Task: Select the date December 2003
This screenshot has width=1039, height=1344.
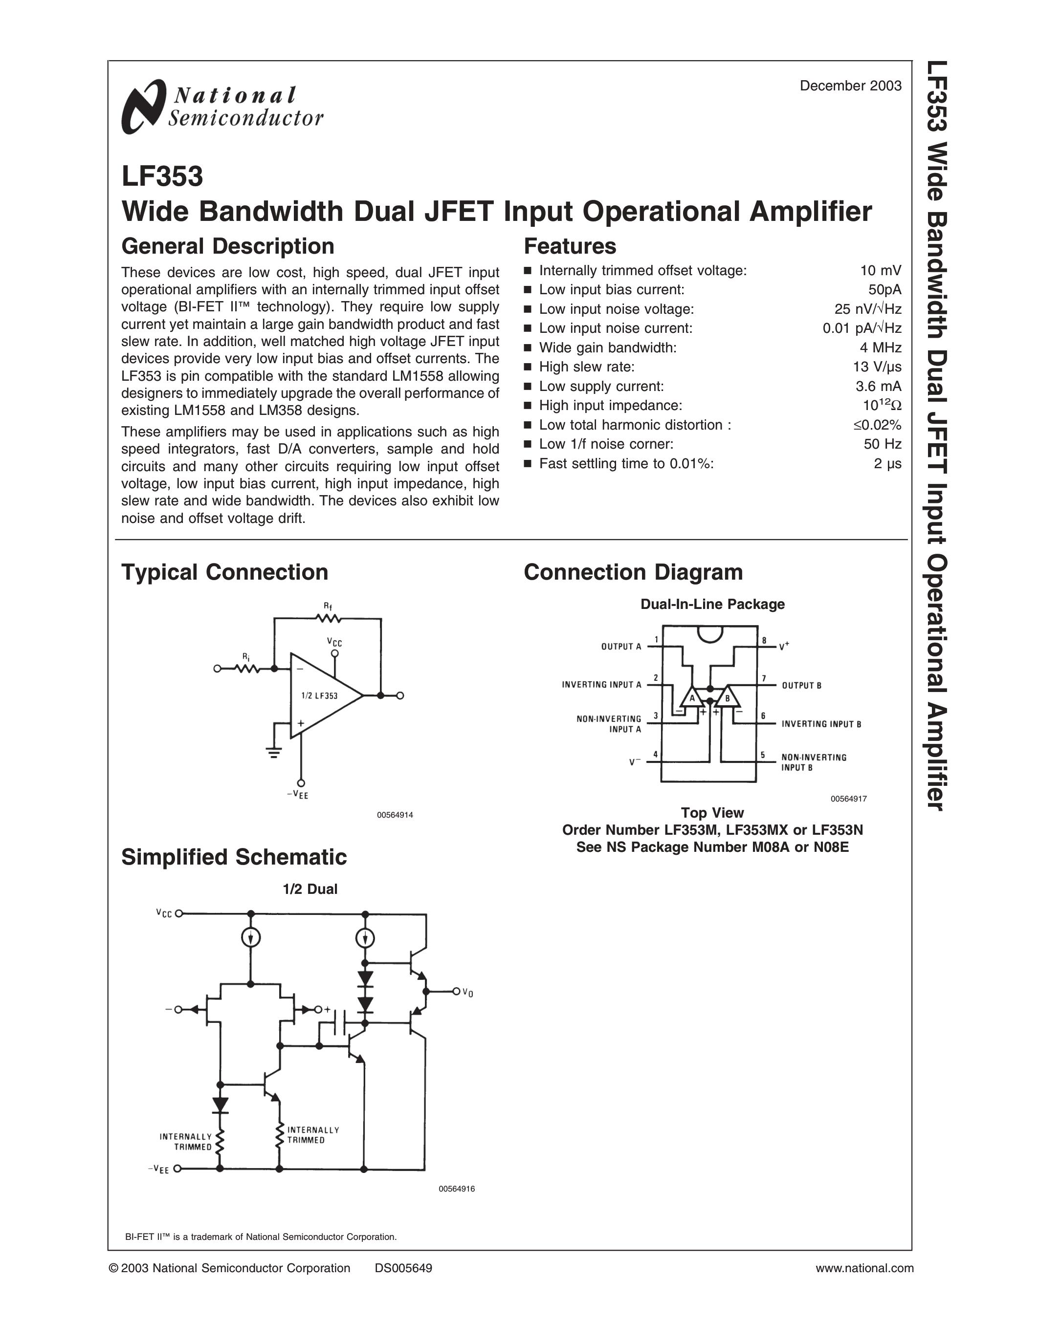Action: tap(850, 86)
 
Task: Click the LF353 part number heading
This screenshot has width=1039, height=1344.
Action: tap(162, 176)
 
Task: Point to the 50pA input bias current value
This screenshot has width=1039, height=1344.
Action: tap(884, 290)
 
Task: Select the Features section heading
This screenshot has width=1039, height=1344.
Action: tap(569, 246)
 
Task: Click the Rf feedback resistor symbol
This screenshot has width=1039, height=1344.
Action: tap(328, 618)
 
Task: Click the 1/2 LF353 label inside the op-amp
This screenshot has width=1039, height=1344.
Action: tap(319, 696)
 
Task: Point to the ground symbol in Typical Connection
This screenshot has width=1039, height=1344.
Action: tap(274, 753)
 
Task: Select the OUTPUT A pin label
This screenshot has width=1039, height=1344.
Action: tap(620, 647)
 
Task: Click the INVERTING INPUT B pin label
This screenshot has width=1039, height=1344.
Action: tap(821, 724)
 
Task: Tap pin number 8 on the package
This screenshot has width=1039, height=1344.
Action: tap(764, 641)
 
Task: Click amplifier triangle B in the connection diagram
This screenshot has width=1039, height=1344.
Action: tap(728, 698)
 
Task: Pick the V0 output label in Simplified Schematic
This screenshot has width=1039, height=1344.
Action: tap(468, 993)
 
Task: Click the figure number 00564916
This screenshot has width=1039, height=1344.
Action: tap(456, 1189)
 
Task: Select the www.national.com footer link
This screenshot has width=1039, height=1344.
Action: tap(864, 1268)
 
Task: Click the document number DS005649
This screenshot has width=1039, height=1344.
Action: tap(403, 1268)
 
